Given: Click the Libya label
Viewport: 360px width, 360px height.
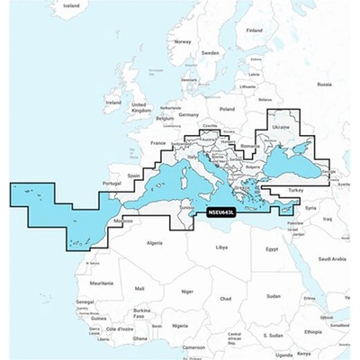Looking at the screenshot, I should tap(221, 246).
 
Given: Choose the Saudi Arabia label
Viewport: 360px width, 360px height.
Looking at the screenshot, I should tap(332, 259).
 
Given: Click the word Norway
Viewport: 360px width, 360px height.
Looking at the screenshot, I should tap(183, 41).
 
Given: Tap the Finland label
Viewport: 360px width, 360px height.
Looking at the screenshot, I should tap(255, 31).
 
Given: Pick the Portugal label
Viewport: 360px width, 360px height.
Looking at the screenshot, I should tap(112, 184).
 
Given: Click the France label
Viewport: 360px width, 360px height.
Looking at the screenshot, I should tap(158, 143).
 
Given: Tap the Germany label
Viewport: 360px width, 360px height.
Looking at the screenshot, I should tap(188, 115).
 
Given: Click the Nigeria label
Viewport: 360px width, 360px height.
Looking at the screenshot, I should tap(180, 324).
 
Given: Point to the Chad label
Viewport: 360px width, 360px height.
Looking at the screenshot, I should tap(226, 298).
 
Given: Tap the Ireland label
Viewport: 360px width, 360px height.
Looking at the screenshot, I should tap(112, 103).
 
